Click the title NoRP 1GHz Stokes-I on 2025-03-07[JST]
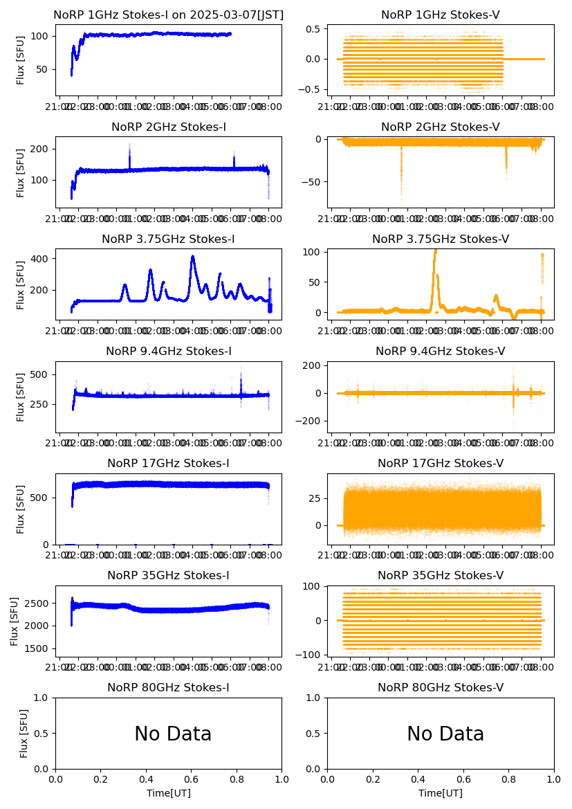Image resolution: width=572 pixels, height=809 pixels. [x=168, y=15]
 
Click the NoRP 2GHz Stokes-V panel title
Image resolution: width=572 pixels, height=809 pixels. [x=441, y=127]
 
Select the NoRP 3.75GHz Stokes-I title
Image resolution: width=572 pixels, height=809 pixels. [x=168, y=239]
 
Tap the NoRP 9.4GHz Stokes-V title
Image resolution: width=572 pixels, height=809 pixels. [x=441, y=352]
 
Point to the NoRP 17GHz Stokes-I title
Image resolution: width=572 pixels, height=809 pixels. [x=168, y=464]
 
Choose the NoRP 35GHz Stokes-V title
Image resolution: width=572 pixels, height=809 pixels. [x=441, y=576]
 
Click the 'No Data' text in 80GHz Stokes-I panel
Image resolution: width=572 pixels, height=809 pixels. [x=173, y=734]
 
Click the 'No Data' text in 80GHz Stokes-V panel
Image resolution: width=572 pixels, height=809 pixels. [x=445, y=734]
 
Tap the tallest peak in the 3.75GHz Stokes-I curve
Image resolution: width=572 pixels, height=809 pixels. [x=193, y=257]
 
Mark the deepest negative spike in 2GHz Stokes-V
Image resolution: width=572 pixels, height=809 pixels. [x=401, y=199]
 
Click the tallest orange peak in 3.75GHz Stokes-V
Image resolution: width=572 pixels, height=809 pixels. [x=435, y=251]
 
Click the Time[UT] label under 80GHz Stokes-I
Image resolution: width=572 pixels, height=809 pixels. [x=168, y=793]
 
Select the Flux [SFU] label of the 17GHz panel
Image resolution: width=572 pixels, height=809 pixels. [x=21, y=509]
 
